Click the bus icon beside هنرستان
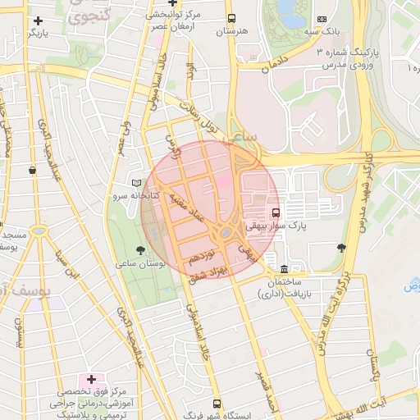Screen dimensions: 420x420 coord(231,18)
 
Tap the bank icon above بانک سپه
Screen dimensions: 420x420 coord(321,19)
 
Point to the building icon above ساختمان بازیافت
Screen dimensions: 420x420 coord(284,269)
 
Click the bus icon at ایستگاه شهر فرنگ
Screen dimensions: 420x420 coord(217,404)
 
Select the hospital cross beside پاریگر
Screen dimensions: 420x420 coord(38,21)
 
